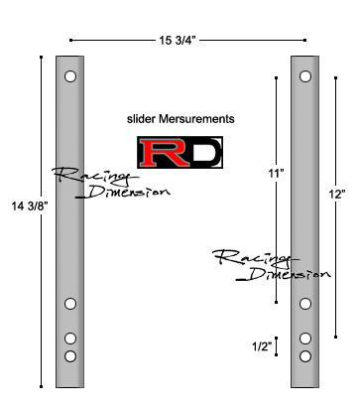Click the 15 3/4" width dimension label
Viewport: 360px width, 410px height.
pyautogui.click(x=178, y=41)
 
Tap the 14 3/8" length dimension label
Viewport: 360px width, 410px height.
pyautogui.click(x=30, y=206)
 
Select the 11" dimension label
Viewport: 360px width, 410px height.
pyautogui.click(x=277, y=174)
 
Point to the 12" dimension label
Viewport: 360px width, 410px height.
pyautogui.click(x=337, y=195)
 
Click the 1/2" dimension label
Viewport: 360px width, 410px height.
pyautogui.click(x=262, y=346)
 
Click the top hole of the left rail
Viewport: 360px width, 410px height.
pyautogui.click(x=70, y=76)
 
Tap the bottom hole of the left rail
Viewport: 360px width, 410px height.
pyautogui.click(x=70, y=356)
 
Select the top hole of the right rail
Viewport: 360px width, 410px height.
pyautogui.click(x=305, y=76)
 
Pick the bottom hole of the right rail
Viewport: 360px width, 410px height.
pyautogui.click(x=305, y=356)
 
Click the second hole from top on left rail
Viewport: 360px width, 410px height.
pyautogui.click(x=70, y=304)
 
